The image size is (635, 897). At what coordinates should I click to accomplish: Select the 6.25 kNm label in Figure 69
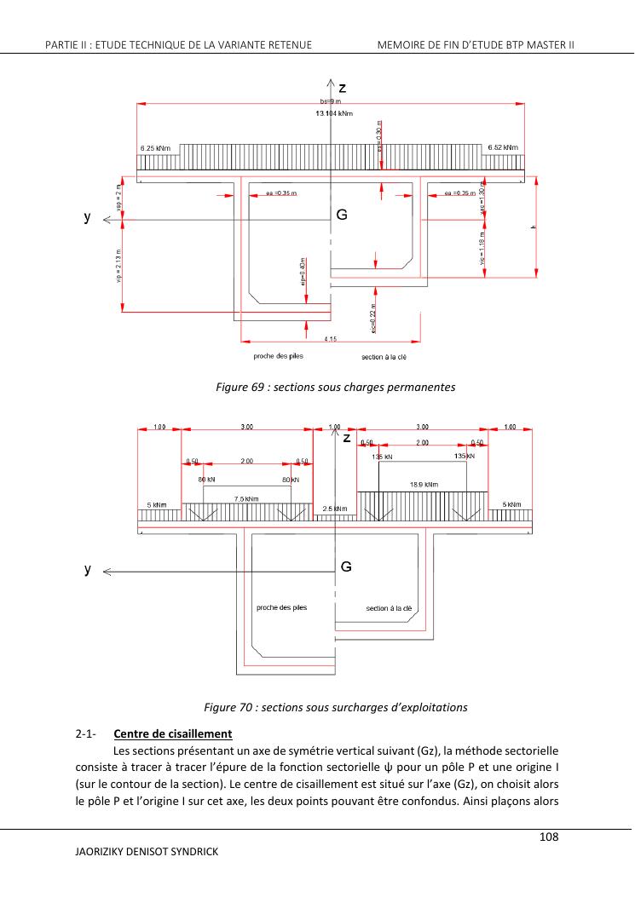(x=155, y=149)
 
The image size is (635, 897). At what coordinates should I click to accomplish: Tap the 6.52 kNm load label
(x=503, y=148)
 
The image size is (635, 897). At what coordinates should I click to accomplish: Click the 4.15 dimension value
(x=330, y=339)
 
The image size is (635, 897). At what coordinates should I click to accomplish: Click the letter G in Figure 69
(x=342, y=216)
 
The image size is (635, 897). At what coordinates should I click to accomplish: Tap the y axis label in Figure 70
(x=87, y=570)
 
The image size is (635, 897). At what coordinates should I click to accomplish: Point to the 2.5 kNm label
(x=335, y=509)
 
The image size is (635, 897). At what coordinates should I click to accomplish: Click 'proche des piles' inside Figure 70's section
(x=281, y=607)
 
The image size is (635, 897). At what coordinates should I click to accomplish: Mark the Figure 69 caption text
(x=336, y=387)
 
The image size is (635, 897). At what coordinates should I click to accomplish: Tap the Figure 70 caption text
(x=336, y=706)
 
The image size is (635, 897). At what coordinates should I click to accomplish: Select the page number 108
(x=549, y=837)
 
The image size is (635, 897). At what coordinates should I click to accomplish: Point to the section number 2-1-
(x=85, y=733)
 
